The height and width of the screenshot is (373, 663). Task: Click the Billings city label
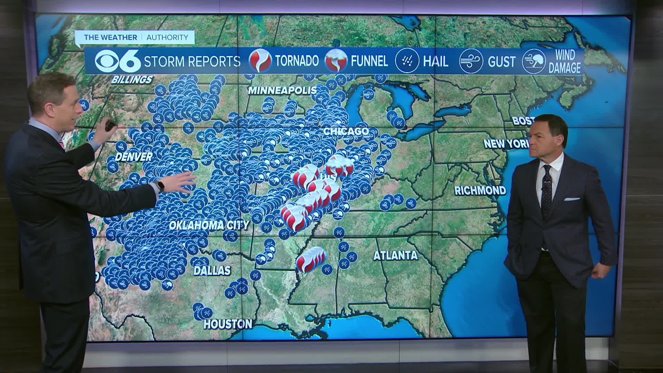(x=132, y=80)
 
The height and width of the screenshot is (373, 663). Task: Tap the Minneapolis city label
(x=282, y=90)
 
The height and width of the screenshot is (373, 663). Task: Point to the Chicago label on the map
(x=346, y=132)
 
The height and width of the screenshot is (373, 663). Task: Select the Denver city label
(x=134, y=157)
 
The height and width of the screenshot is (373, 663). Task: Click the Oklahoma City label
(x=209, y=225)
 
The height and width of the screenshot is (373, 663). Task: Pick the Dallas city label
(x=212, y=270)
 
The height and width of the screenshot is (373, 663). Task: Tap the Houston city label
(x=228, y=324)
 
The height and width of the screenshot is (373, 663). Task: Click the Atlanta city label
(x=395, y=256)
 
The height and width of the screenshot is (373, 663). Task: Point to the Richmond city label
(x=480, y=190)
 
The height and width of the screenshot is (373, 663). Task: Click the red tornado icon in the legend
(x=260, y=61)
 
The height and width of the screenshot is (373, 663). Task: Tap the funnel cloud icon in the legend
(x=336, y=61)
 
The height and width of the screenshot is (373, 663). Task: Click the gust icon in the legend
(x=471, y=61)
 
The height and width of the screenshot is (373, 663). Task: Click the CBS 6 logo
(x=118, y=61)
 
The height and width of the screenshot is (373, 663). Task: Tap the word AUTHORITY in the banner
(x=167, y=37)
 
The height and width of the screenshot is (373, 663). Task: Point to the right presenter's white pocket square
(x=572, y=199)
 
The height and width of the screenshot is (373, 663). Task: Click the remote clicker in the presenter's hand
(x=111, y=125)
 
